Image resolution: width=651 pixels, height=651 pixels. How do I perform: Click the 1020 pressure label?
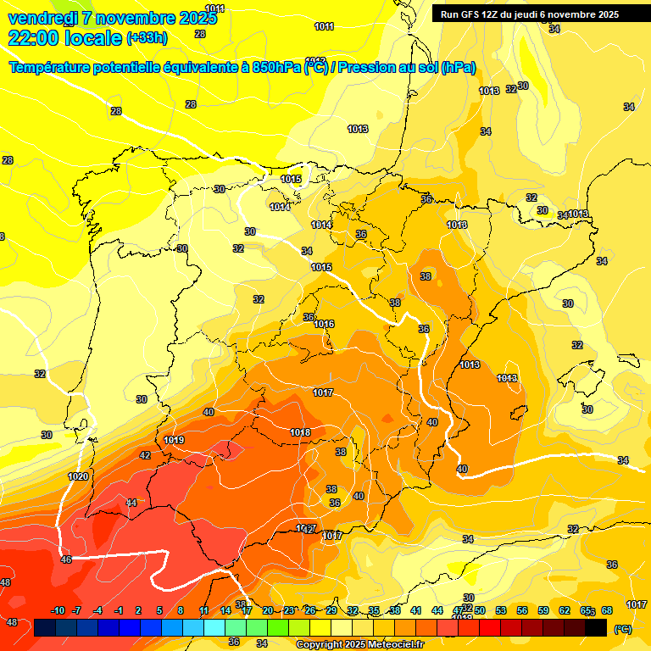78,476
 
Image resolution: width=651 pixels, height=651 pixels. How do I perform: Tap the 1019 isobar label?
174,440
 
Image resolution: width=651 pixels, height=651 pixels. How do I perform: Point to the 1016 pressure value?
324,324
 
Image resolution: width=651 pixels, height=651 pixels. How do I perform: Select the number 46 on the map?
67,559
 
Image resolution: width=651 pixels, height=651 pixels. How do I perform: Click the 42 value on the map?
145,455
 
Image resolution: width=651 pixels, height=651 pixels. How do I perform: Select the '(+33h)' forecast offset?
147,38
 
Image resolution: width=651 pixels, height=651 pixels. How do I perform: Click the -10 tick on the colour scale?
58,611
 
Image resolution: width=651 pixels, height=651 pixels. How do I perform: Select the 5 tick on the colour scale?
160,611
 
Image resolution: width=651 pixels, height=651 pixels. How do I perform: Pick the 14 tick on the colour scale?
225,611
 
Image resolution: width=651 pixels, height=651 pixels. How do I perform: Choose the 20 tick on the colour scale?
268,611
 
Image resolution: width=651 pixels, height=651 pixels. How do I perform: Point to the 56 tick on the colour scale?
522,611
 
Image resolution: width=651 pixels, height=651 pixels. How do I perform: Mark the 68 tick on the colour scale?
607,611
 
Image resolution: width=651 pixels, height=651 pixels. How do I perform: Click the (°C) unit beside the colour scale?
622,628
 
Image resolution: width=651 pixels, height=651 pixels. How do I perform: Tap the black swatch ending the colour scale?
596,627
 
